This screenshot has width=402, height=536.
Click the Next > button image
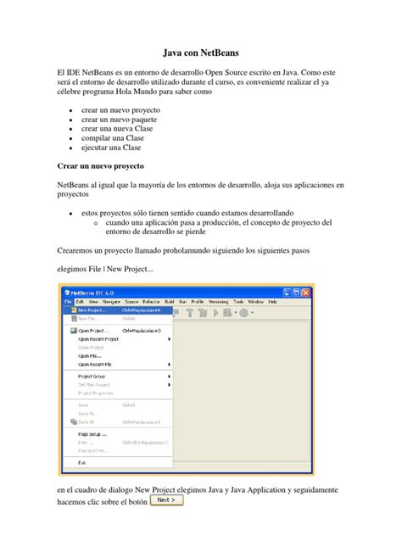(166, 500)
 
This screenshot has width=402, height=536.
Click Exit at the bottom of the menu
(81, 462)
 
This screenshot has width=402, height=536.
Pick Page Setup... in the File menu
(92, 433)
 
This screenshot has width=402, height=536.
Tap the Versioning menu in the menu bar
(219, 300)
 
